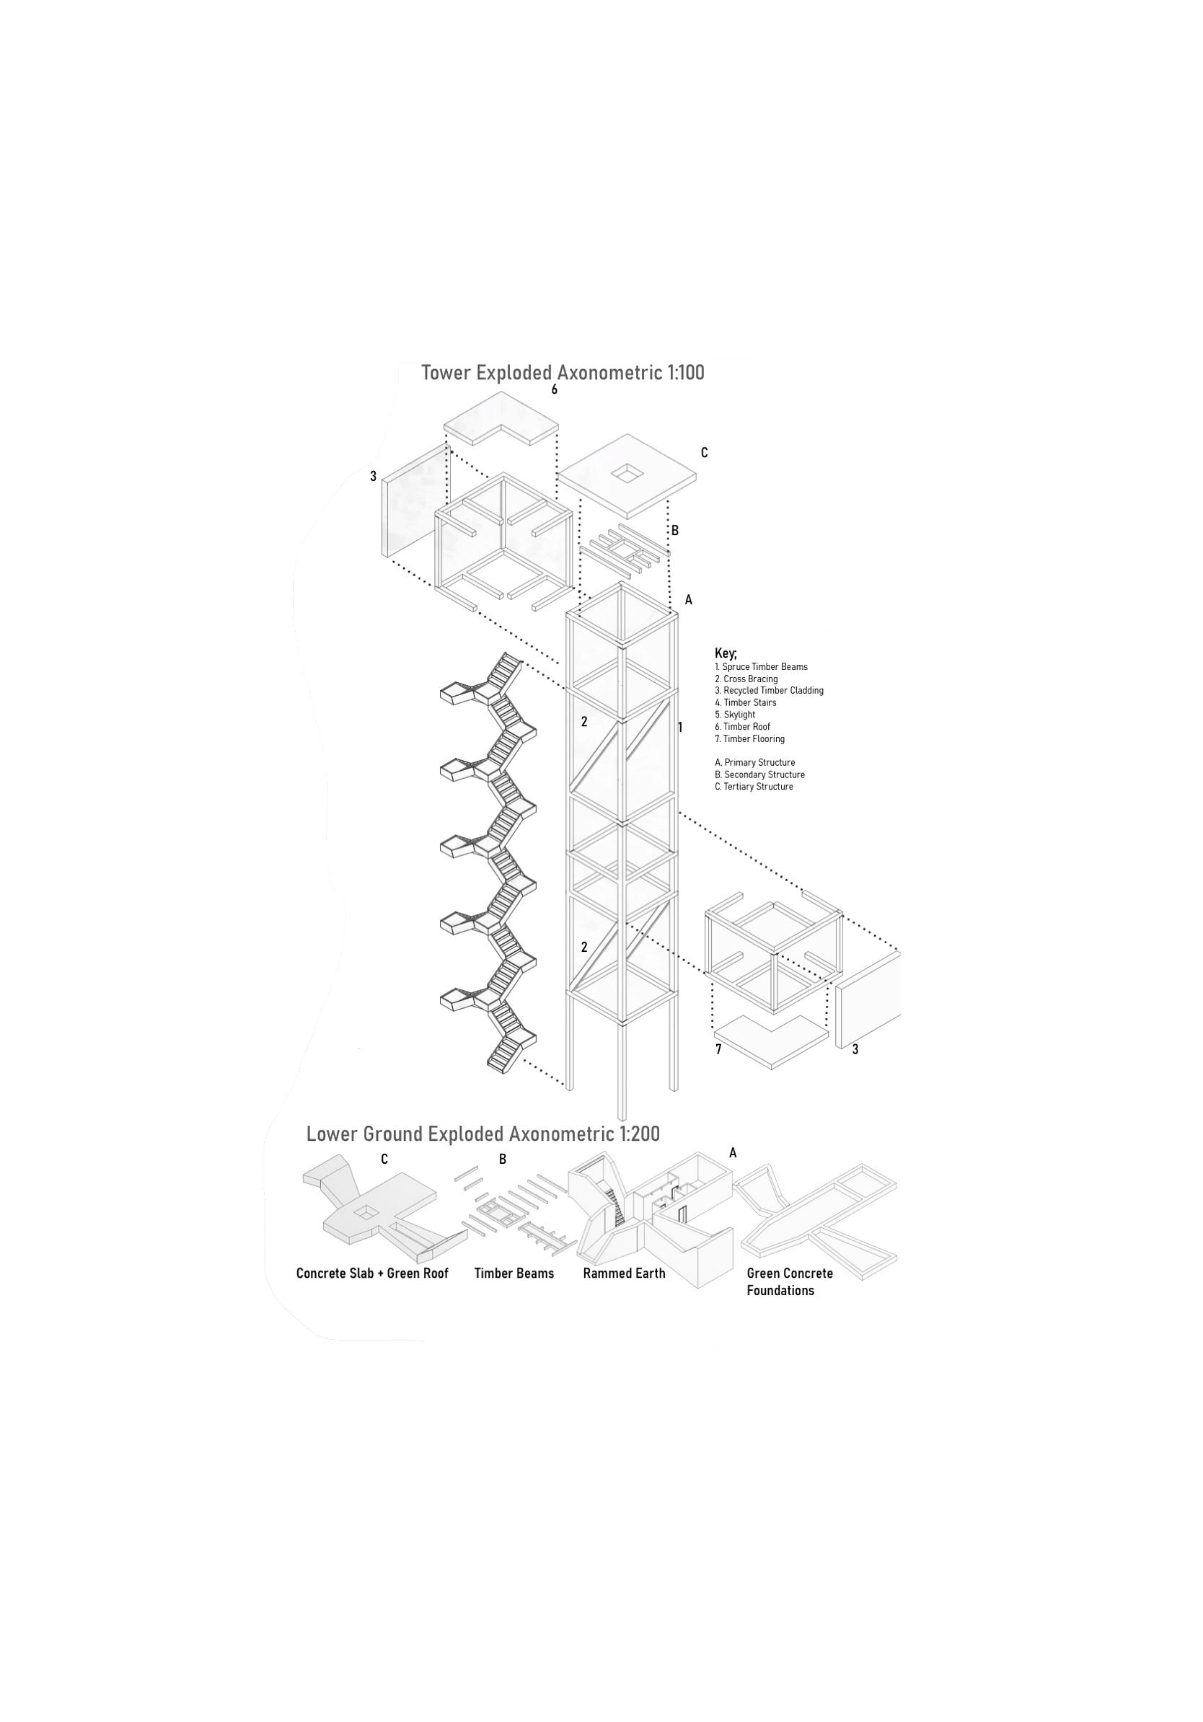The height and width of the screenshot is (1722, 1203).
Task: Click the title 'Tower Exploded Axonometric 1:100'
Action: [563, 373]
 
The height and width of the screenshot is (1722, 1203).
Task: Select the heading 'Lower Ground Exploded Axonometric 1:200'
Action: [482, 1154]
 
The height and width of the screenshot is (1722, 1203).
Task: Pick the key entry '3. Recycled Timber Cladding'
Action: [769, 691]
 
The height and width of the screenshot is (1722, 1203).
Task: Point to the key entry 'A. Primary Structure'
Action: [754, 763]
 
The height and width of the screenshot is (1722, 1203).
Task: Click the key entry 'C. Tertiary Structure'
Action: [753, 787]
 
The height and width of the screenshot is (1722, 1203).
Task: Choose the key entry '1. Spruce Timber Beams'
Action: [760, 667]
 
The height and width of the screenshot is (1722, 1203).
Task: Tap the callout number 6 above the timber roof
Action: [554, 390]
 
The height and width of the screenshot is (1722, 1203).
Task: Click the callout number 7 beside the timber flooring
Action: [718, 1049]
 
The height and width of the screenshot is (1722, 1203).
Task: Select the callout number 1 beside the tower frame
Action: [680, 727]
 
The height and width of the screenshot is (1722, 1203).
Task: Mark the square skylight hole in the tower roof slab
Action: [626, 472]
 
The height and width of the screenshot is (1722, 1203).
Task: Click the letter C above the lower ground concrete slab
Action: [384, 1181]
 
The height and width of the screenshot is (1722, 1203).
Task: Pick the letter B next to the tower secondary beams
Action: [675, 531]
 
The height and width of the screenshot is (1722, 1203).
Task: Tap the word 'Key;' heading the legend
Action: [726, 654]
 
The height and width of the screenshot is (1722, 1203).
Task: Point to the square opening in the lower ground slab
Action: [365, 1212]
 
